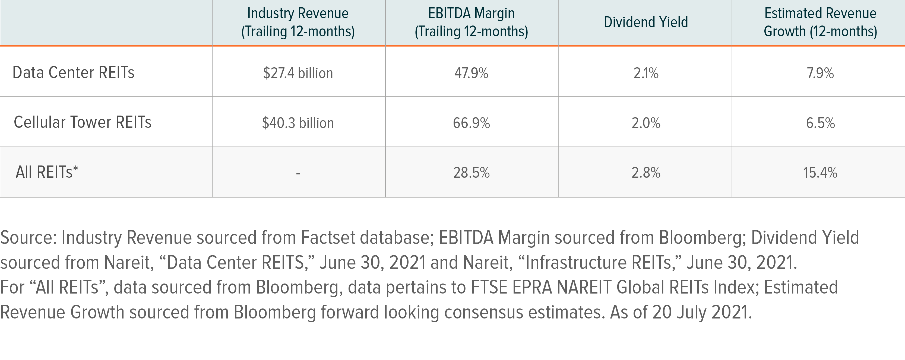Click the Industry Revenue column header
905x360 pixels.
click(298, 23)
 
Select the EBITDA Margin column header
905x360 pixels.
click(471, 23)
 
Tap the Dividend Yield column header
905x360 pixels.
click(646, 23)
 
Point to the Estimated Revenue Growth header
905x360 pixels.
click(820, 23)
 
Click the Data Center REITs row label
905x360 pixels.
click(73, 73)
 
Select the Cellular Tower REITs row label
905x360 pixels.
click(83, 123)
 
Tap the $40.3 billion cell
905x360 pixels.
click(298, 123)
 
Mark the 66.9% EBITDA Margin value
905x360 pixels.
click(471, 123)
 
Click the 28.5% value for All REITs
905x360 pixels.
click(471, 173)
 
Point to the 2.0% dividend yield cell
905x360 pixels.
click(646, 123)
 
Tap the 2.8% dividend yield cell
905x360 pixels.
click(646, 173)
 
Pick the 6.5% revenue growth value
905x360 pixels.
click(820, 123)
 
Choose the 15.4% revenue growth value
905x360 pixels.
click(820, 173)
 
